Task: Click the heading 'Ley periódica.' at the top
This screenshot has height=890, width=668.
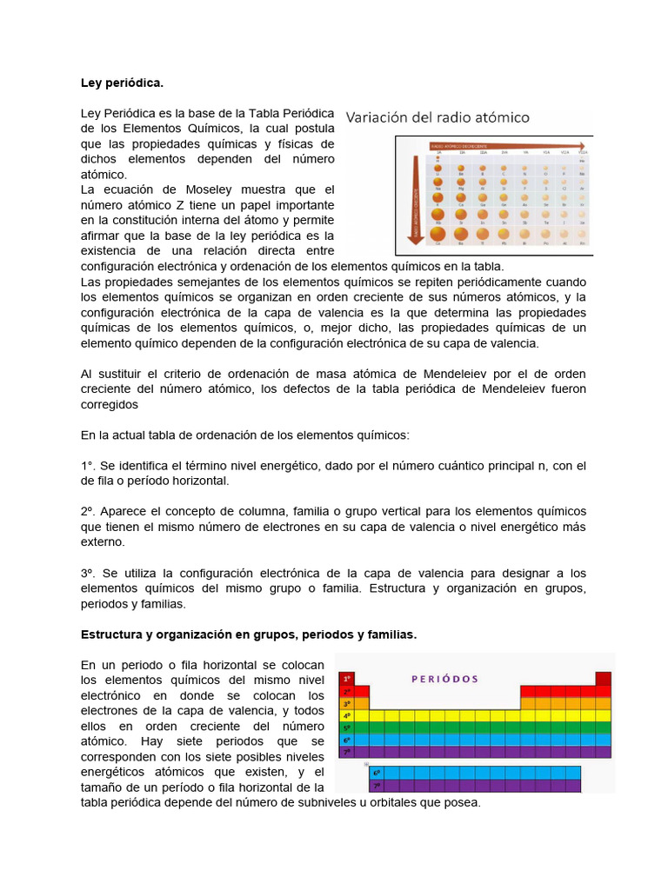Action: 122,83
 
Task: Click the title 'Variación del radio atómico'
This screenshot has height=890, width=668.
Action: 438,116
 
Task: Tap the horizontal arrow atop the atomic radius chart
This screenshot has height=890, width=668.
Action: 504,145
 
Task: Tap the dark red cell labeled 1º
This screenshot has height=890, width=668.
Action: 347,679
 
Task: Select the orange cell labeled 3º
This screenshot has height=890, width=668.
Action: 347,703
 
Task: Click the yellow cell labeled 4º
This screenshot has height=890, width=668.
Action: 347,715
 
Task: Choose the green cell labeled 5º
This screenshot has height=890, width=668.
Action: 347,727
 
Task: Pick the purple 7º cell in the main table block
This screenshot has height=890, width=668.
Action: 347,752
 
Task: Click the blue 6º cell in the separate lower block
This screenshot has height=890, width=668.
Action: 377,772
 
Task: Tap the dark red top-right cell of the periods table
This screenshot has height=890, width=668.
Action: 603,679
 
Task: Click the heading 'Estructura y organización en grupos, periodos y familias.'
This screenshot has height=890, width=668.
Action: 249,635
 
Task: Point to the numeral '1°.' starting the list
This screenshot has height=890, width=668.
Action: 88,466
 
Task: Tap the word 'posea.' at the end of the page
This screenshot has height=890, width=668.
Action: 461,802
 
